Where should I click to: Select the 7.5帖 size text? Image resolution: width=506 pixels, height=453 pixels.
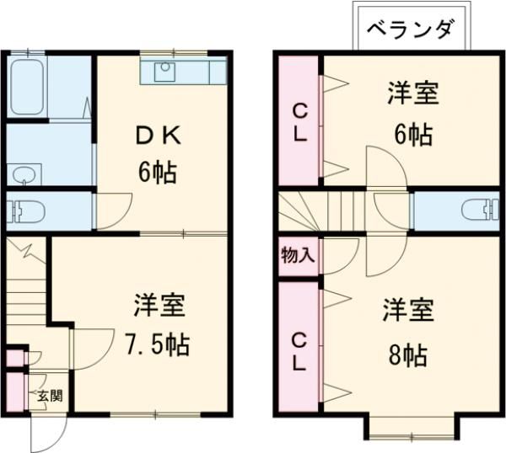[x=159, y=344]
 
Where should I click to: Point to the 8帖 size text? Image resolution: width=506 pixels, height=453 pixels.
[x=408, y=355]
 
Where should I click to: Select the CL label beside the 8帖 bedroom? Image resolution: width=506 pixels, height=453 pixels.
[x=299, y=352]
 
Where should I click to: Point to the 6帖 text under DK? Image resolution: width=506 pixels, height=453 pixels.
[x=159, y=173]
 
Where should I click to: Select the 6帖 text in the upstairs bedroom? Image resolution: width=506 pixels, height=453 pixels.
[x=413, y=134]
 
